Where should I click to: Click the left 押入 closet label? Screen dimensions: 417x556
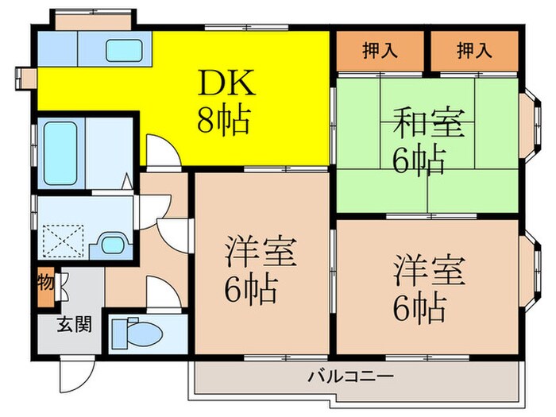(380, 52)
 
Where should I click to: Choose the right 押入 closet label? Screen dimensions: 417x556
(474, 52)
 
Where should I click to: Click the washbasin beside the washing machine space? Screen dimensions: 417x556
(111, 244)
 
